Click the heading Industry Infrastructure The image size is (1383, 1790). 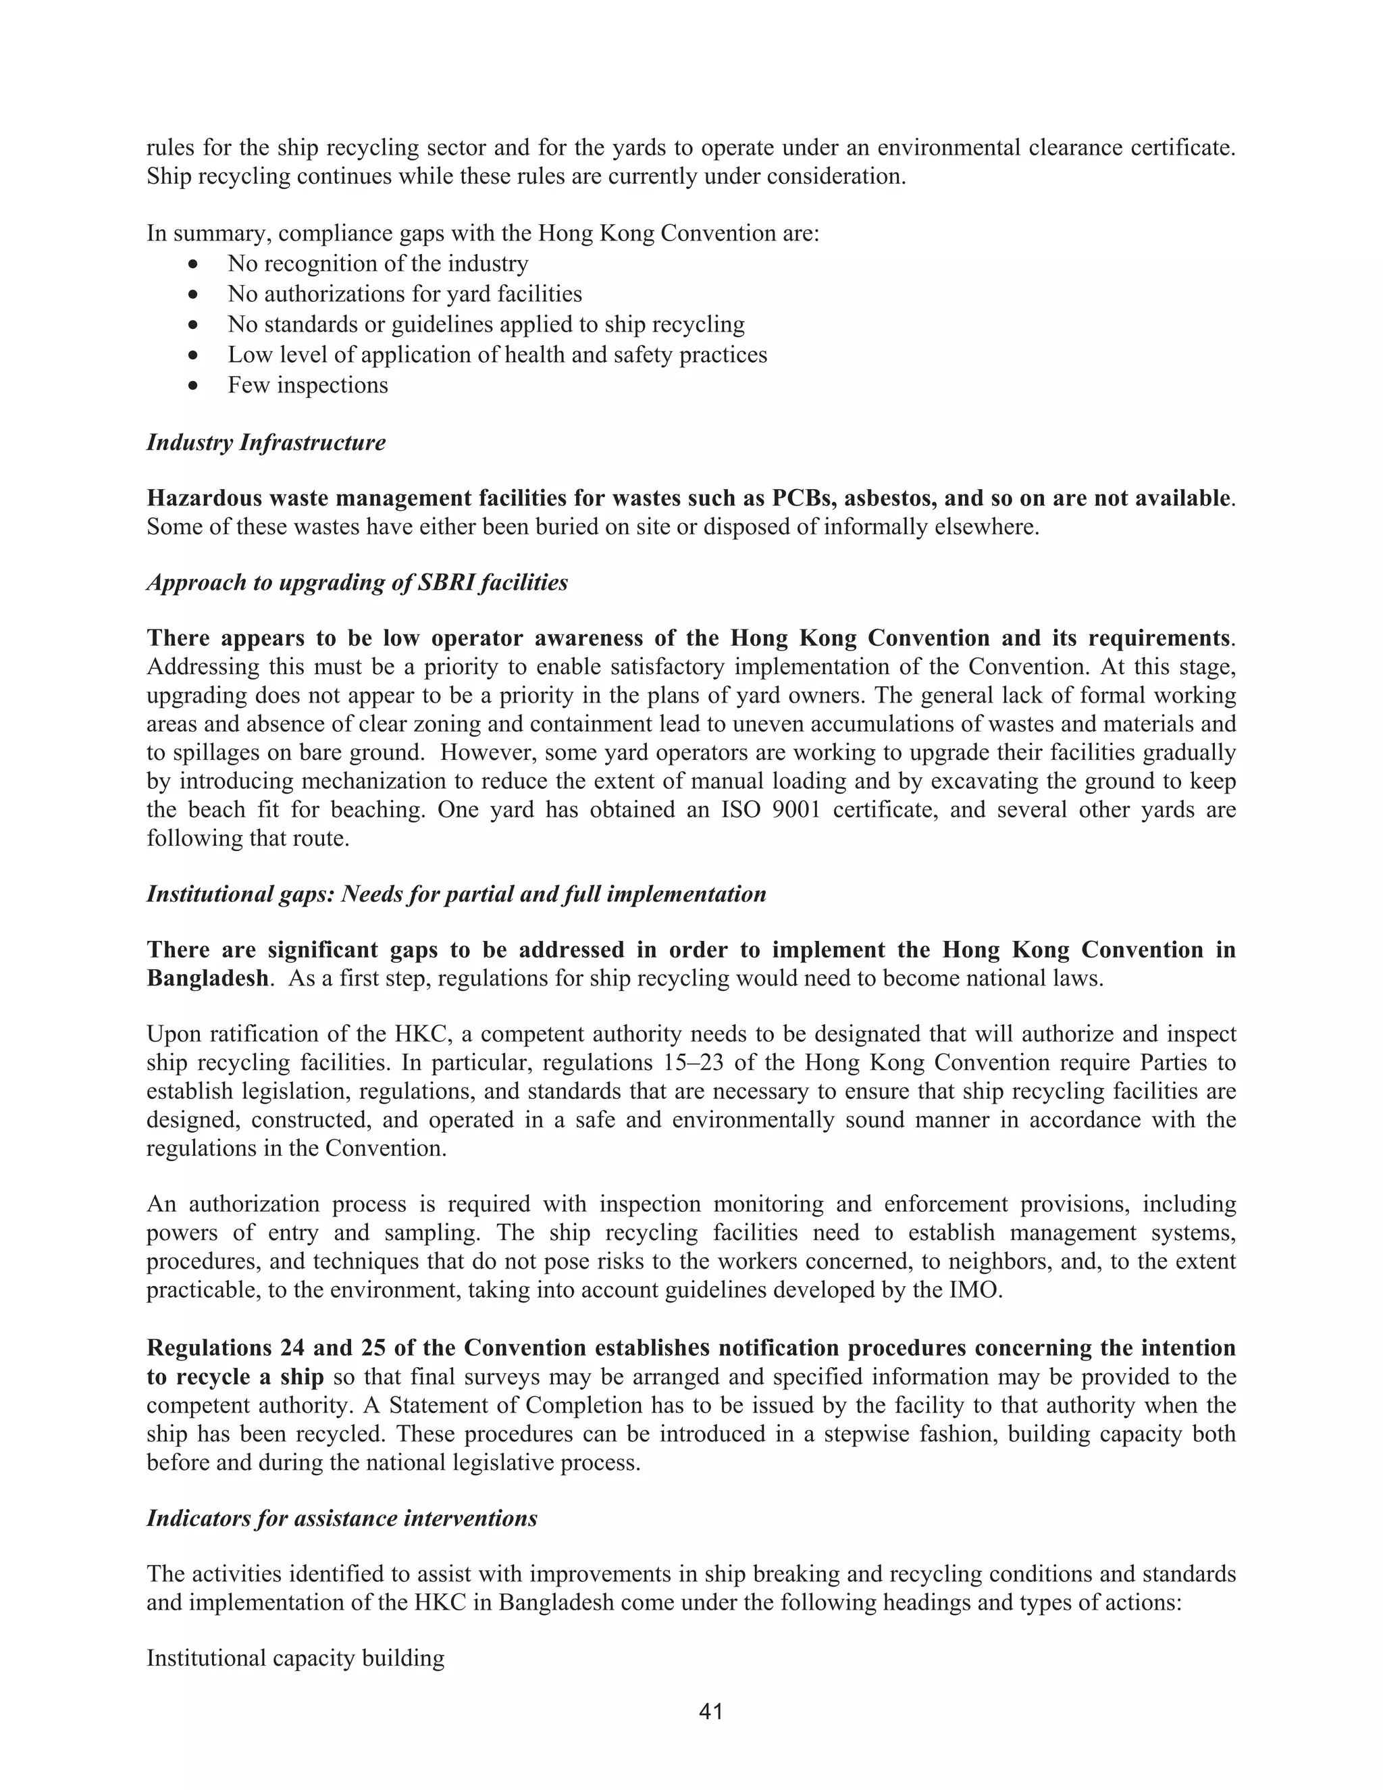pyautogui.click(x=265, y=442)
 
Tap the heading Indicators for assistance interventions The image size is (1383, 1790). pyautogui.click(x=342, y=1518)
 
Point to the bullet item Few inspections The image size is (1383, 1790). pyautogui.click(x=307, y=385)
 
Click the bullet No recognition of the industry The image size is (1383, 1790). pyautogui.click(x=377, y=264)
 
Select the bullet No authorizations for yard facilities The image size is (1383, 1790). pyautogui.click(x=405, y=295)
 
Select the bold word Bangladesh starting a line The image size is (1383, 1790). pyautogui.click(x=207, y=979)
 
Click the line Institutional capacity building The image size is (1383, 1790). pyautogui.click(x=295, y=1659)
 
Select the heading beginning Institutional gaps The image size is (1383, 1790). pyautogui.click(x=456, y=894)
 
